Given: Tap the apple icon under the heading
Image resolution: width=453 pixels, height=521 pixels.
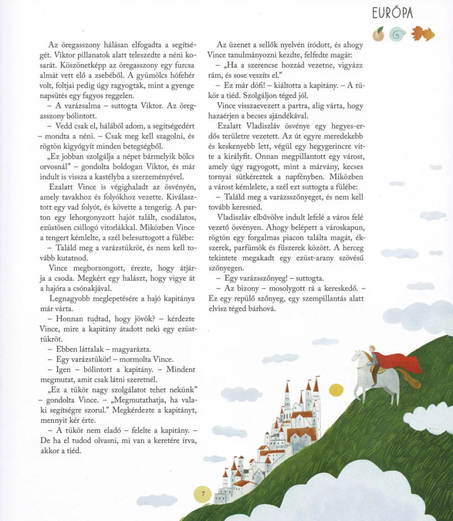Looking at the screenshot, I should [x=378, y=34].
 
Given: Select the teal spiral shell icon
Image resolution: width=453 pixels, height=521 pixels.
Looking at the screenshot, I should [x=397, y=34].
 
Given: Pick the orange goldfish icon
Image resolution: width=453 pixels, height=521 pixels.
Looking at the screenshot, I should [x=423, y=33].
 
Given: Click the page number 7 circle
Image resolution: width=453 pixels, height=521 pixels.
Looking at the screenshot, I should [x=203, y=494].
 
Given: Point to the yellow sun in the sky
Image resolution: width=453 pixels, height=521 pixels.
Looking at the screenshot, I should [x=336, y=390].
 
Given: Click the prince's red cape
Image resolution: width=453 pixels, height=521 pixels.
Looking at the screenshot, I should [x=402, y=362].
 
